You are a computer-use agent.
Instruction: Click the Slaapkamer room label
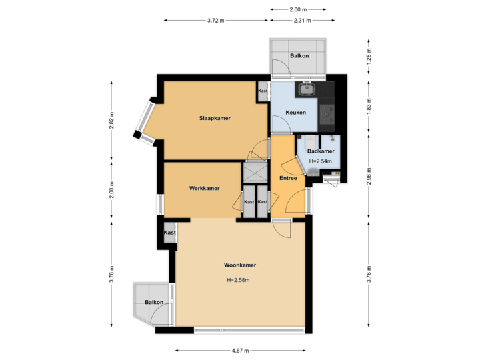215,118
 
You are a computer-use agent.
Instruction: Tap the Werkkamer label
204,189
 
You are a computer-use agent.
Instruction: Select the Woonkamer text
240,265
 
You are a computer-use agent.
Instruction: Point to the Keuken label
295,113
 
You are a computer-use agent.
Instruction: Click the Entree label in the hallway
288,178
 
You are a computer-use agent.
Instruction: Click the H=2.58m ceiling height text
238,280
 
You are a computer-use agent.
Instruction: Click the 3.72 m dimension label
216,21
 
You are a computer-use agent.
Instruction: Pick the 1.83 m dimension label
369,106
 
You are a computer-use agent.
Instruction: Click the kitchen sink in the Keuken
307,89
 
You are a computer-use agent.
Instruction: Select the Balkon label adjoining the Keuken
299,55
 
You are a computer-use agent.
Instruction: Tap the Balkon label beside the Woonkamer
153,303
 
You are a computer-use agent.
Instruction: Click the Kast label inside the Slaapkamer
263,91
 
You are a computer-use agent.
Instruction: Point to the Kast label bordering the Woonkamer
170,233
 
